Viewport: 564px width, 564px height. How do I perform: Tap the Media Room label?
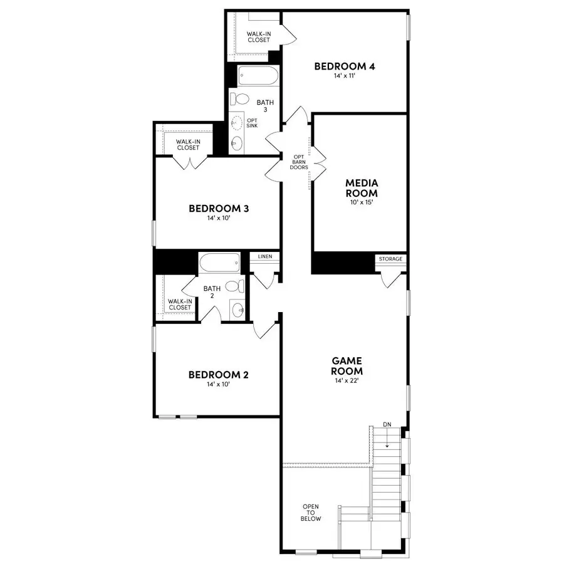361,188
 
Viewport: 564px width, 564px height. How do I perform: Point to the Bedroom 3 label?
219,208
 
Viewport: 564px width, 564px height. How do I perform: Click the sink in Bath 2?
238,309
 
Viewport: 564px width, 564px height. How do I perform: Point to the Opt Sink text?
252,123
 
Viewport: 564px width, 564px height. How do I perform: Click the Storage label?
390,259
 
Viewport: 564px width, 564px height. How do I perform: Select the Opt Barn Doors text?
298,162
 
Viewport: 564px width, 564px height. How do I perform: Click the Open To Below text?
311,513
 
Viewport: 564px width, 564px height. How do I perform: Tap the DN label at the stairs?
387,426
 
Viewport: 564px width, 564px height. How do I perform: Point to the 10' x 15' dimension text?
361,202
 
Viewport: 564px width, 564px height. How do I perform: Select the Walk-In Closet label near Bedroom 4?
258,36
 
